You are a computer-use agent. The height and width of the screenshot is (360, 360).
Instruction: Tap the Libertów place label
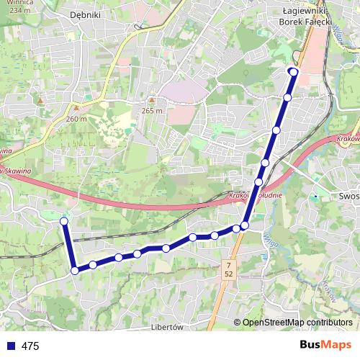click(167, 325)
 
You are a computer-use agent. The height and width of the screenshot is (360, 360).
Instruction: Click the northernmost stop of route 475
click(293, 71)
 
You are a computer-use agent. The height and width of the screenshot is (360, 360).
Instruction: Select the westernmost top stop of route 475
click(64, 221)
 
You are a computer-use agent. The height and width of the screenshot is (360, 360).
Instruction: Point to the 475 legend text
click(30, 346)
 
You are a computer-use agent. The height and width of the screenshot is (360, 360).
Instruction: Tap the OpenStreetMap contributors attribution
click(297, 323)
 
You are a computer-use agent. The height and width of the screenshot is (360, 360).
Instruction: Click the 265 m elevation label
click(153, 110)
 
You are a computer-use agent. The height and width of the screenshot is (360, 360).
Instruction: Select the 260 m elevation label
click(76, 119)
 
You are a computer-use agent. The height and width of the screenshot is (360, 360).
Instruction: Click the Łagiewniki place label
click(305, 12)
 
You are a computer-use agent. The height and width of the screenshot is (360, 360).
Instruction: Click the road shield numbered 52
click(228, 275)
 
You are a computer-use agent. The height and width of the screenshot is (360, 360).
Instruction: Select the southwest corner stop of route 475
click(74, 271)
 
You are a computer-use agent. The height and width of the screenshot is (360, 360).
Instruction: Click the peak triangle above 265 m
click(152, 100)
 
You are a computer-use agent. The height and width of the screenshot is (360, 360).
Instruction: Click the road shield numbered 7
click(228, 266)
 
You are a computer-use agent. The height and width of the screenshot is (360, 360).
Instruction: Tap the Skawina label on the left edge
click(16, 171)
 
